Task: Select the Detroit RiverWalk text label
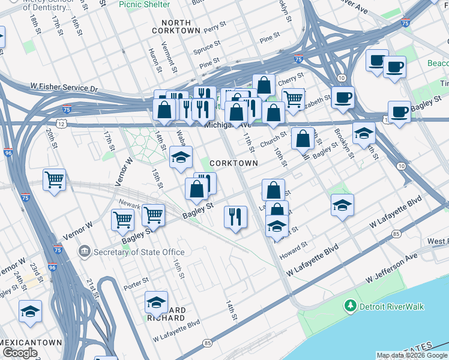pyautogui.click(x=391, y=307)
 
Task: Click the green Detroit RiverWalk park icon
pyautogui.click(x=351, y=307)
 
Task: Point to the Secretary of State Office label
pyautogui.click(x=139, y=252)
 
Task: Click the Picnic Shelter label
pyautogui.click(x=143, y=4)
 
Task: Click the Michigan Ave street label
pyautogui.click(x=227, y=125)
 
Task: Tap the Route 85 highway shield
pyautogui.click(x=208, y=343)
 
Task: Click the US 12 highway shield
pyautogui.click(x=61, y=122)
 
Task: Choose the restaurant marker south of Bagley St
pyautogui.click(x=235, y=217)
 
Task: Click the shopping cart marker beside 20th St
pyautogui.click(x=54, y=179)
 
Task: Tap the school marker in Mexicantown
pyautogui.click(x=30, y=311)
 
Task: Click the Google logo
pyautogui.click(x=20, y=353)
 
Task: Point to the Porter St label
pyautogui.click(x=137, y=281)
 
